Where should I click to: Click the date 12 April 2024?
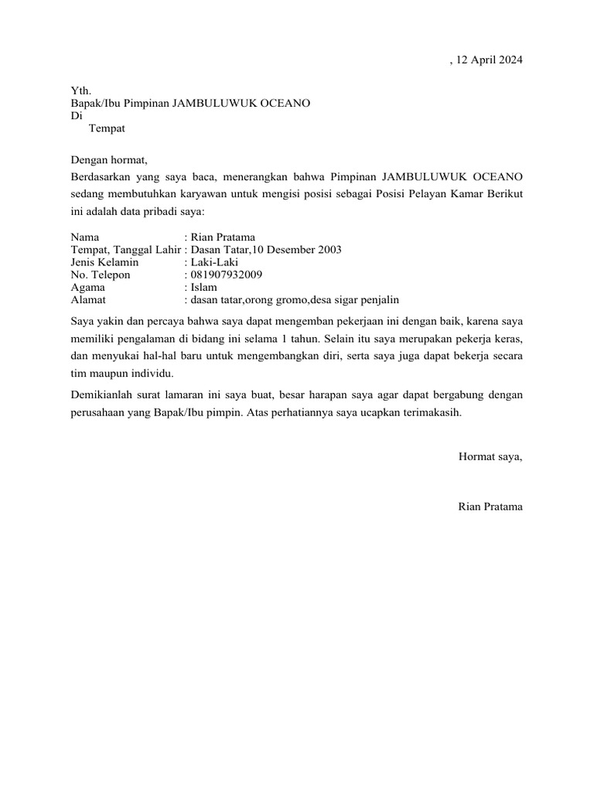coord(490,60)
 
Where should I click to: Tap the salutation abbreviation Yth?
coord(80,91)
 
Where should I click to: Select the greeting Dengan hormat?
coord(108,160)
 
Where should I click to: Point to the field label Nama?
coord(84,237)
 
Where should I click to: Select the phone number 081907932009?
coord(226,275)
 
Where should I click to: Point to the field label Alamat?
coord(88,299)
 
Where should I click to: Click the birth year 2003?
coord(328,250)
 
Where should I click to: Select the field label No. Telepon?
coord(101,275)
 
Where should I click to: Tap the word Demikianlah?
coord(102,394)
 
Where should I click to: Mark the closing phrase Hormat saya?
coord(490,456)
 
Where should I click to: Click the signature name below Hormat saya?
coord(490,507)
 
